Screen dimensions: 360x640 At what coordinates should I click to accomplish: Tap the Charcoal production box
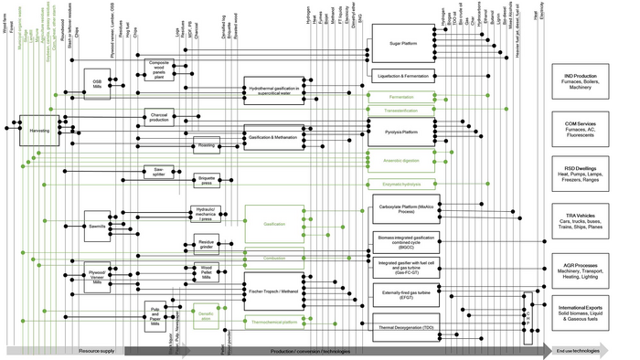click(x=158, y=118)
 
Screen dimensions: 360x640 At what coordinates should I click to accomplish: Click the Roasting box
click(x=207, y=143)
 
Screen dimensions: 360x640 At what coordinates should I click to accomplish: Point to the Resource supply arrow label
click(x=96, y=351)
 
